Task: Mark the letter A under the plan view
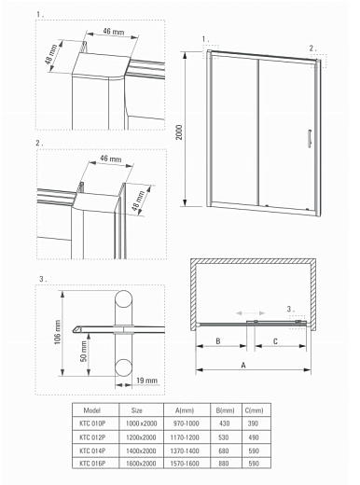(x=243, y=366)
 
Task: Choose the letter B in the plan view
(x=217, y=342)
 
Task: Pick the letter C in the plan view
(x=275, y=342)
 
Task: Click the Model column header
(x=92, y=409)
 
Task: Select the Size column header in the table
(x=136, y=409)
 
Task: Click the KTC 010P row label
(x=92, y=423)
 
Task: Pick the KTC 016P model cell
(x=92, y=462)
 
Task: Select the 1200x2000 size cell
(x=136, y=436)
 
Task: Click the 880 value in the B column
(x=223, y=462)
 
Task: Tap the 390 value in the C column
(x=253, y=423)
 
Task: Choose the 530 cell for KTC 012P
(x=223, y=436)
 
